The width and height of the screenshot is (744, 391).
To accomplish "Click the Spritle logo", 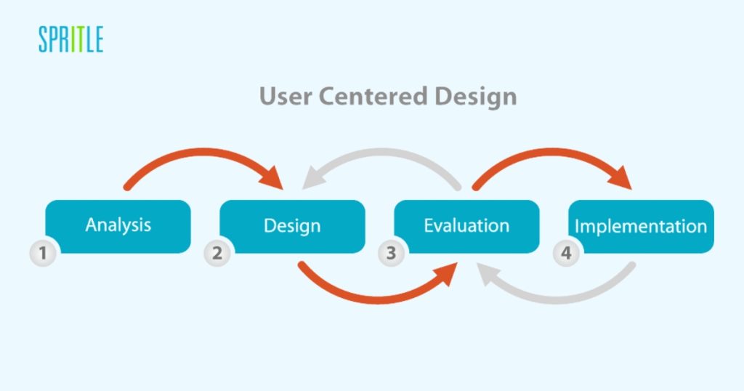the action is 70,39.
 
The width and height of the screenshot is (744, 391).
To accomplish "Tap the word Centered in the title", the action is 373,97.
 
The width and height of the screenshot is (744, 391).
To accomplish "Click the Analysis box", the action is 118,226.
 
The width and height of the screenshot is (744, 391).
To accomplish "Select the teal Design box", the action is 292,226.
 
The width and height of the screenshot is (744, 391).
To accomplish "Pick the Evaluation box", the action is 467,226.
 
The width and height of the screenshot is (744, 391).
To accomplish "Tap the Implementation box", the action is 641,226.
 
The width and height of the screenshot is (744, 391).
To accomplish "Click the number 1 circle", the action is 43,253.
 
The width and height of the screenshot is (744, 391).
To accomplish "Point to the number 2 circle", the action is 217,253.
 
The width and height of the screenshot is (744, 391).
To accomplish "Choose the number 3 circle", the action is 392,253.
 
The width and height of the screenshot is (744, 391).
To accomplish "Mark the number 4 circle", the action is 566,253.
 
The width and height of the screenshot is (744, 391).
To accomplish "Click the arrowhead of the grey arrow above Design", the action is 314,178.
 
